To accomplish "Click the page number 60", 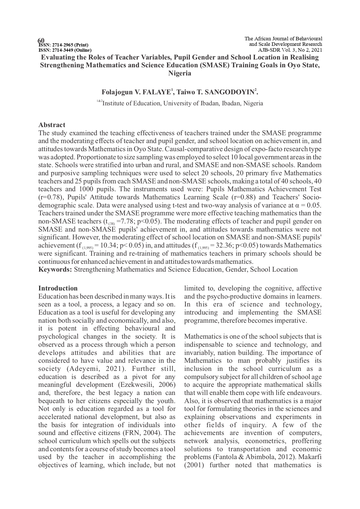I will pos(41,40).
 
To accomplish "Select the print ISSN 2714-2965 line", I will pos(63,45).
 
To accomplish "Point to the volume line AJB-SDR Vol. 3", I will pos(290,50).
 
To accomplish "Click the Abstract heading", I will pos(52,125).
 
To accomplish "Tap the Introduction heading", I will pos(58,288).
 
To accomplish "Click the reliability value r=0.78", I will pos(47,197).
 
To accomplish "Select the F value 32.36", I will pos(222,246).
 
